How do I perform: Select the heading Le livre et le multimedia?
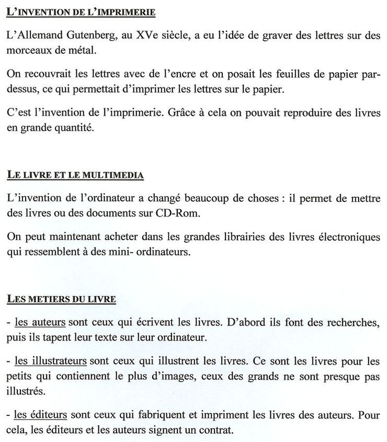click(75, 175)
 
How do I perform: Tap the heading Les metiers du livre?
click(62, 300)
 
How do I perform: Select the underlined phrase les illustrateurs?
click(50, 361)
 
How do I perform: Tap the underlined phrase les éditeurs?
click(41, 416)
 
